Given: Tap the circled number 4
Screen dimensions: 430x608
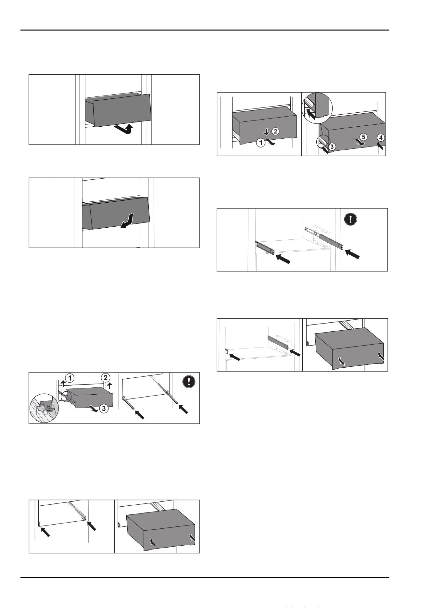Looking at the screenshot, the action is (381, 138).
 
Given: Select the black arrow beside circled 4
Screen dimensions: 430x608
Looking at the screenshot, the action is (381, 146).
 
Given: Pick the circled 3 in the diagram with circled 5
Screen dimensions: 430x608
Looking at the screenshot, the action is (331, 146).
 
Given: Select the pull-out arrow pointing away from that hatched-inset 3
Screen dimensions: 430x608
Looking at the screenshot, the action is (94, 409).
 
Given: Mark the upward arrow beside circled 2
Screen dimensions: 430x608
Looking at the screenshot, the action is (109, 386).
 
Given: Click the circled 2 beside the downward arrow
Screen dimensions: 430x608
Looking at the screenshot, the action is (275, 132).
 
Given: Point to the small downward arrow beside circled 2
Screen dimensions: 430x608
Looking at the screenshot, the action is (266, 132).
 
